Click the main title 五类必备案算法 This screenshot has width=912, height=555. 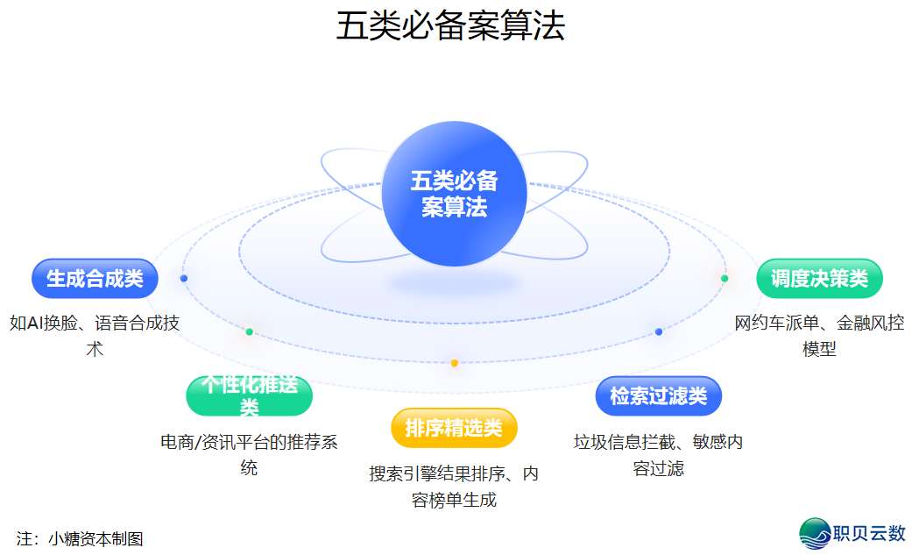(450, 26)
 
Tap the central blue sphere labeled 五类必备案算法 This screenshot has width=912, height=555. (454, 194)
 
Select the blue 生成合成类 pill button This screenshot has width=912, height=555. (95, 279)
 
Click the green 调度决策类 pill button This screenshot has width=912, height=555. (819, 279)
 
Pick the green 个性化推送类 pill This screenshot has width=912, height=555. (250, 395)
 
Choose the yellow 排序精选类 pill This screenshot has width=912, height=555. (454, 428)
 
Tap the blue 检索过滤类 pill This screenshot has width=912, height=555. (658, 395)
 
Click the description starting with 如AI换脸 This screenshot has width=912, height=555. (95, 335)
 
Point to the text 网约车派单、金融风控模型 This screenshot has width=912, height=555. (819, 335)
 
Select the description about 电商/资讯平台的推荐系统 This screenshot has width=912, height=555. (250, 454)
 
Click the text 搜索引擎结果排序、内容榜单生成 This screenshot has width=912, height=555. (454, 487)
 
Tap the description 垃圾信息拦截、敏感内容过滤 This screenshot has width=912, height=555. (658, 454)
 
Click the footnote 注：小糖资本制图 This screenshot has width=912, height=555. (80, 538)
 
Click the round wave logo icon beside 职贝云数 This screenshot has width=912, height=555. (814, 532)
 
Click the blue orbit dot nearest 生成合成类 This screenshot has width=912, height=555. (184, 279)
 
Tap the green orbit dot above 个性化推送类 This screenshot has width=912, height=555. (250, 332)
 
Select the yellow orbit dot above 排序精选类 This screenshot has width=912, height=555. (454, 363)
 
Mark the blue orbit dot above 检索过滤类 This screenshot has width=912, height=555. (659, 332)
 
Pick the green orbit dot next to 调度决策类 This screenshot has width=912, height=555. (725, 279)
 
